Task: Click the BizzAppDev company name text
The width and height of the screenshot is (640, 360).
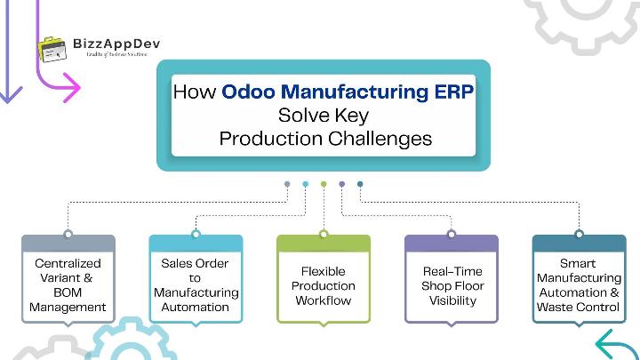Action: click(122, 43)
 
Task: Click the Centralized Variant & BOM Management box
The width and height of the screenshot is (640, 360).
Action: click(68, 285)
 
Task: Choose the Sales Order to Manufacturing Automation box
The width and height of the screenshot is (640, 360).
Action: click(196, 285)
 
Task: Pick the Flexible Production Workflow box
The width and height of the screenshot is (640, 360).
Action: click(323, 285)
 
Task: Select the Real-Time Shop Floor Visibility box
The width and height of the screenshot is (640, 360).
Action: click(451, 285)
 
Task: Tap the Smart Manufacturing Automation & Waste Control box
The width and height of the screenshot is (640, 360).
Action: click(578, 285)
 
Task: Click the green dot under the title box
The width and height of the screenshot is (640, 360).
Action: click(324, 185)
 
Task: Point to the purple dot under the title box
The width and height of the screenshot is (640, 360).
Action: click(342, 185)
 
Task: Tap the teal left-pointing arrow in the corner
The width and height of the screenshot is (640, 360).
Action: click(615, 345)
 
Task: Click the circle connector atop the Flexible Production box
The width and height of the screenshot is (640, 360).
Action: click(323, 235)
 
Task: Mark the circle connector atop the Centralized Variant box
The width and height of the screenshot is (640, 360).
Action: click(68, 235)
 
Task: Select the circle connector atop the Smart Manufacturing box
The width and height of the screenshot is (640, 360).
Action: click(578, 235)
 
